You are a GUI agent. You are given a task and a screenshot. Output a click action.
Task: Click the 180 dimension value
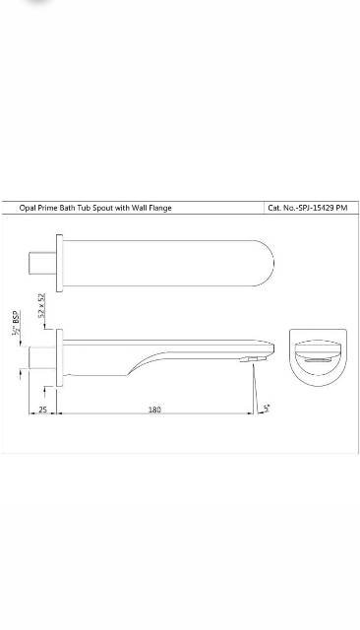(x=155, y=409)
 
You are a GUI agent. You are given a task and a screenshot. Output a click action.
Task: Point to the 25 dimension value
(x=42, y=409)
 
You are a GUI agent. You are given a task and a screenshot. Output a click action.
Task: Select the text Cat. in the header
(x=276, y=208)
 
